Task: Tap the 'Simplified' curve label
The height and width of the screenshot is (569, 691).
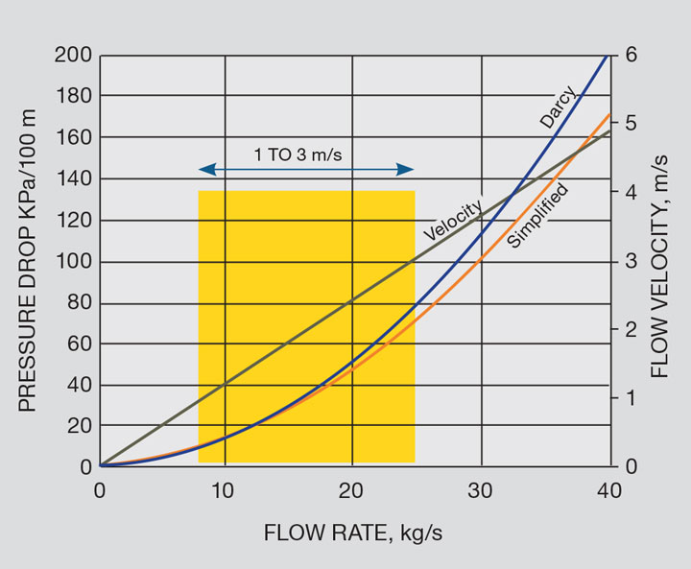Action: tap(537, 216)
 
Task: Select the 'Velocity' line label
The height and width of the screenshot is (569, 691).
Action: tap(453, 220)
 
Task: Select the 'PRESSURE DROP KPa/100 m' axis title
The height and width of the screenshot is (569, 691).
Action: tap(28, 261)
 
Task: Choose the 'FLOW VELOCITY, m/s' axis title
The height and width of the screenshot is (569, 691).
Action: tap(661, 261)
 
